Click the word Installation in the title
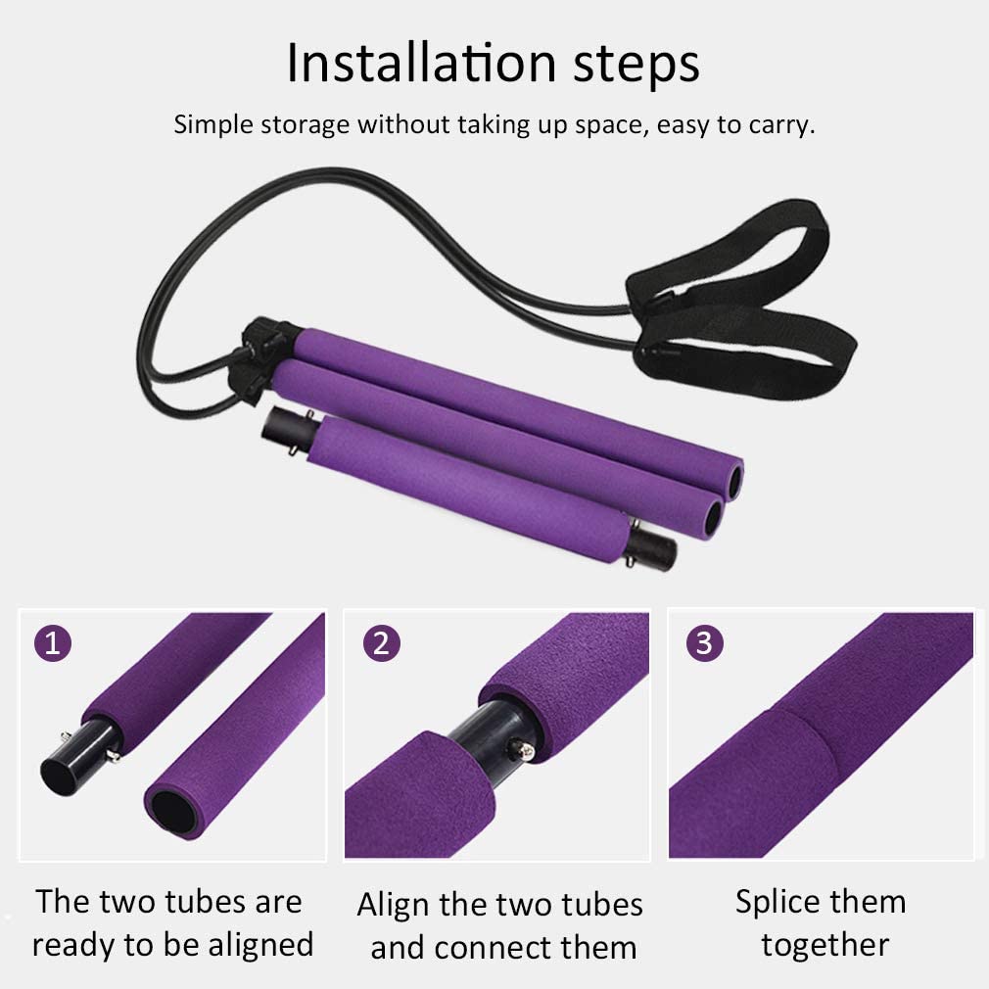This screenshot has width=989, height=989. [x=409, y=64]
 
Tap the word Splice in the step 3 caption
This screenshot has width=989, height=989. [x=779, y=902]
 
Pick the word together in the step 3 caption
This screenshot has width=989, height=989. [x=824, y=945]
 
